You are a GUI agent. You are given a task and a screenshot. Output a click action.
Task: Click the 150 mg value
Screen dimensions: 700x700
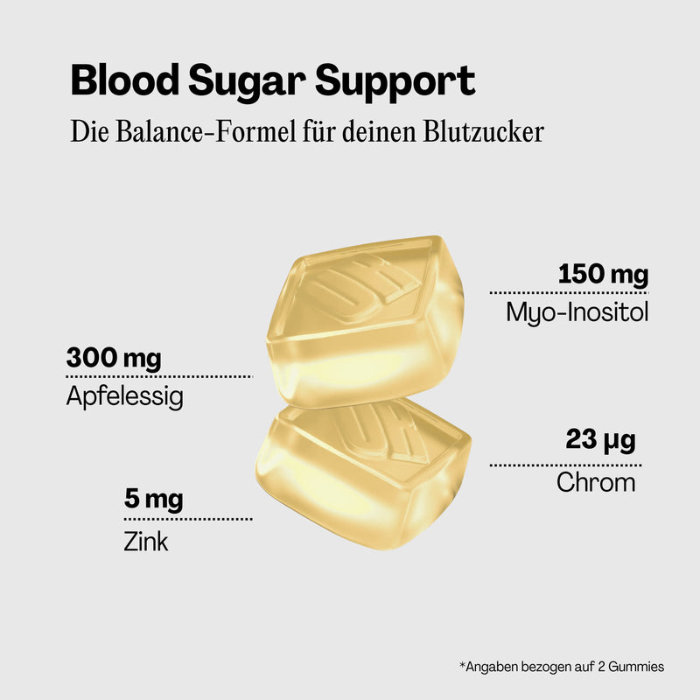[x=603, y=275]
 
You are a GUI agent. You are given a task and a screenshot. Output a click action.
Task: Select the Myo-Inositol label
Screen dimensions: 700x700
[x=577, y=311]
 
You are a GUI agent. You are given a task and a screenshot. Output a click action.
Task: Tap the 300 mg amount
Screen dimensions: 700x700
[x=114, y=359]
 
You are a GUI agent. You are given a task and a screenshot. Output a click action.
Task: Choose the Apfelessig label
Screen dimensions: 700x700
[x=124, y=397]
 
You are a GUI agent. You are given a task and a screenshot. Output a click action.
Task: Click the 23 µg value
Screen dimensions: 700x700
[x=600, y=438]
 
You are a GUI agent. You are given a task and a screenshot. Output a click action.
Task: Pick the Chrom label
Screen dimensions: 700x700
[x=596, y=481]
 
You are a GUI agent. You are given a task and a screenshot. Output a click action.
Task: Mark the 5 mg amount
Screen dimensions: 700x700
[x=153, y=500]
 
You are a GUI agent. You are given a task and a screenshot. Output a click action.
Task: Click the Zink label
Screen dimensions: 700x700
[x=146, y=542]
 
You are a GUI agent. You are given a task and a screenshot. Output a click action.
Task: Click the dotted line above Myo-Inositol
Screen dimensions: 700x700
[x=569, y=292]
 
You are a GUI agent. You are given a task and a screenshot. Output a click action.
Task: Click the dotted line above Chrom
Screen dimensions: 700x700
[x=565, y=465]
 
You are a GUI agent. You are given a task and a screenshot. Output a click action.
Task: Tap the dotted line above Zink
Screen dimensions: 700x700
[x=188, y=519]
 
